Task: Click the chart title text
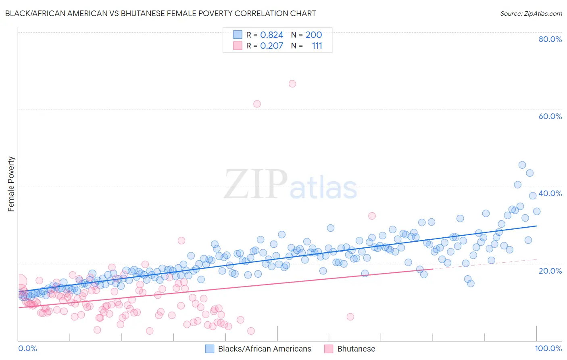pos(161,13)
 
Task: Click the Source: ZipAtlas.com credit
pos(531,13)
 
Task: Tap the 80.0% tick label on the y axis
pos(550,39)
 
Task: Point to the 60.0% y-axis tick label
pos(550,116)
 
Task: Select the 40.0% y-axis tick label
pos(550,193)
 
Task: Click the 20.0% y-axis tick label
pos(550,270)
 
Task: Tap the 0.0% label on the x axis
pos(27,348)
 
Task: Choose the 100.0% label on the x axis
pos(548,348)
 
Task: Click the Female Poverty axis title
pos(11,184)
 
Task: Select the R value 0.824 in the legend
pos(271,35)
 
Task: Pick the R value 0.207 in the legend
pos(271,46)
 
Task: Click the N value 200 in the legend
pos(313,35)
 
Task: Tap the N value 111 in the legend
pos(317,46)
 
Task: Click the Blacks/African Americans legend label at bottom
pos(265,349)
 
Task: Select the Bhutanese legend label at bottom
pos(356,349)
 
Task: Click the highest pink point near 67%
pos(292,84)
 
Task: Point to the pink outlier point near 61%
pos(257,104)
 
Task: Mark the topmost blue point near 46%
pos(522,165)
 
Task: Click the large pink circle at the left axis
pos(19,281)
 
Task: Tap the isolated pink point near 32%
pos(372,216)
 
